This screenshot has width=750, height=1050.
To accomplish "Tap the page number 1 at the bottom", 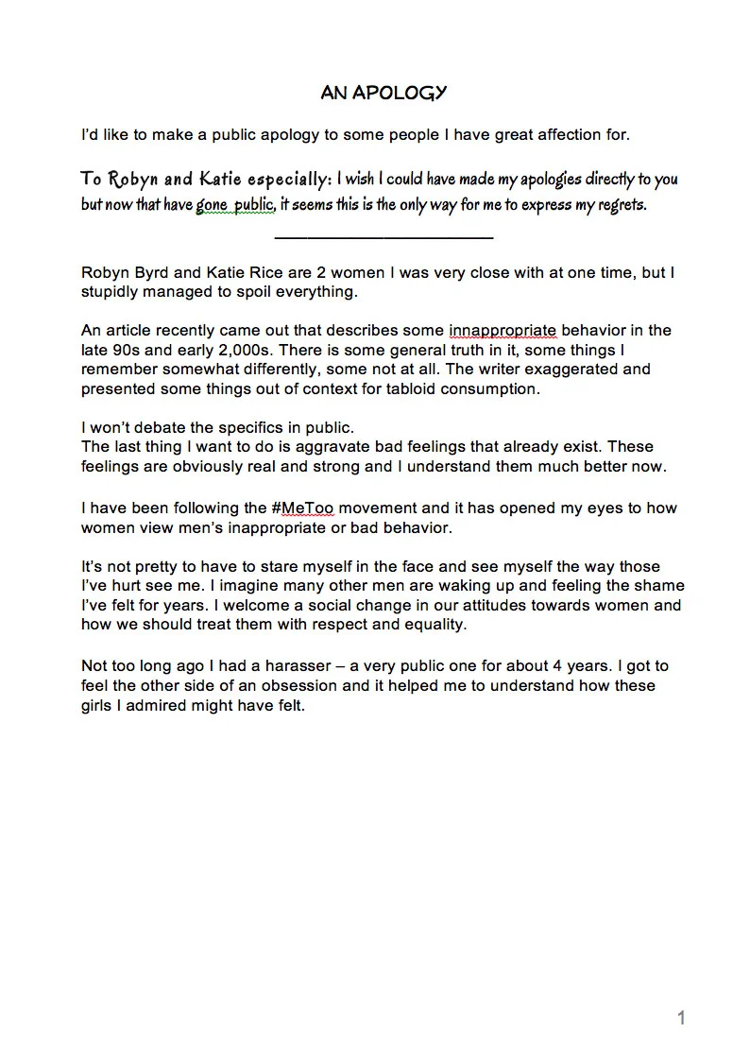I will [x=681, y=1018].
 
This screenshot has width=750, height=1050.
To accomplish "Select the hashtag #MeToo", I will [x=308, y=508].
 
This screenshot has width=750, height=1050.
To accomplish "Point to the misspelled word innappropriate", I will [x=503, y=330].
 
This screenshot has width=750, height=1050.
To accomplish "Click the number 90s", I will [x=124, y=350].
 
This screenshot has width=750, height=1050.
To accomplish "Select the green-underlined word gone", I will [x=213, y=205].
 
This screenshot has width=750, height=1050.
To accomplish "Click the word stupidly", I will [x=113, y=292].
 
